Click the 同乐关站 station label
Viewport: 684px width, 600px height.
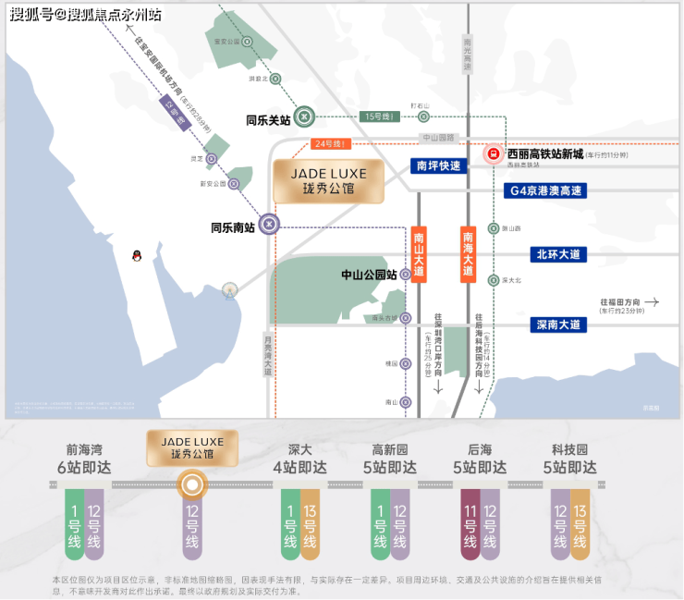268,119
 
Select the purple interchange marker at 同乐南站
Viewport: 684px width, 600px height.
268,223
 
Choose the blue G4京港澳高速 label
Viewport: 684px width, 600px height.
547,190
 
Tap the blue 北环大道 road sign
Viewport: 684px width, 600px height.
558,254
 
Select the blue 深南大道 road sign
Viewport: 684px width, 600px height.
558,324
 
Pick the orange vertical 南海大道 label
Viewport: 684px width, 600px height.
469,255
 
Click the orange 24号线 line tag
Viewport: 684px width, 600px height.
329,144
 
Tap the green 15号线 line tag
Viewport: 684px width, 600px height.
380,116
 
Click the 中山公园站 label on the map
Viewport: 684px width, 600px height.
369,275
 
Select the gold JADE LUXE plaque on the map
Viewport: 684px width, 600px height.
329,180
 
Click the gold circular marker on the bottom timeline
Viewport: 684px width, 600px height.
192,484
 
